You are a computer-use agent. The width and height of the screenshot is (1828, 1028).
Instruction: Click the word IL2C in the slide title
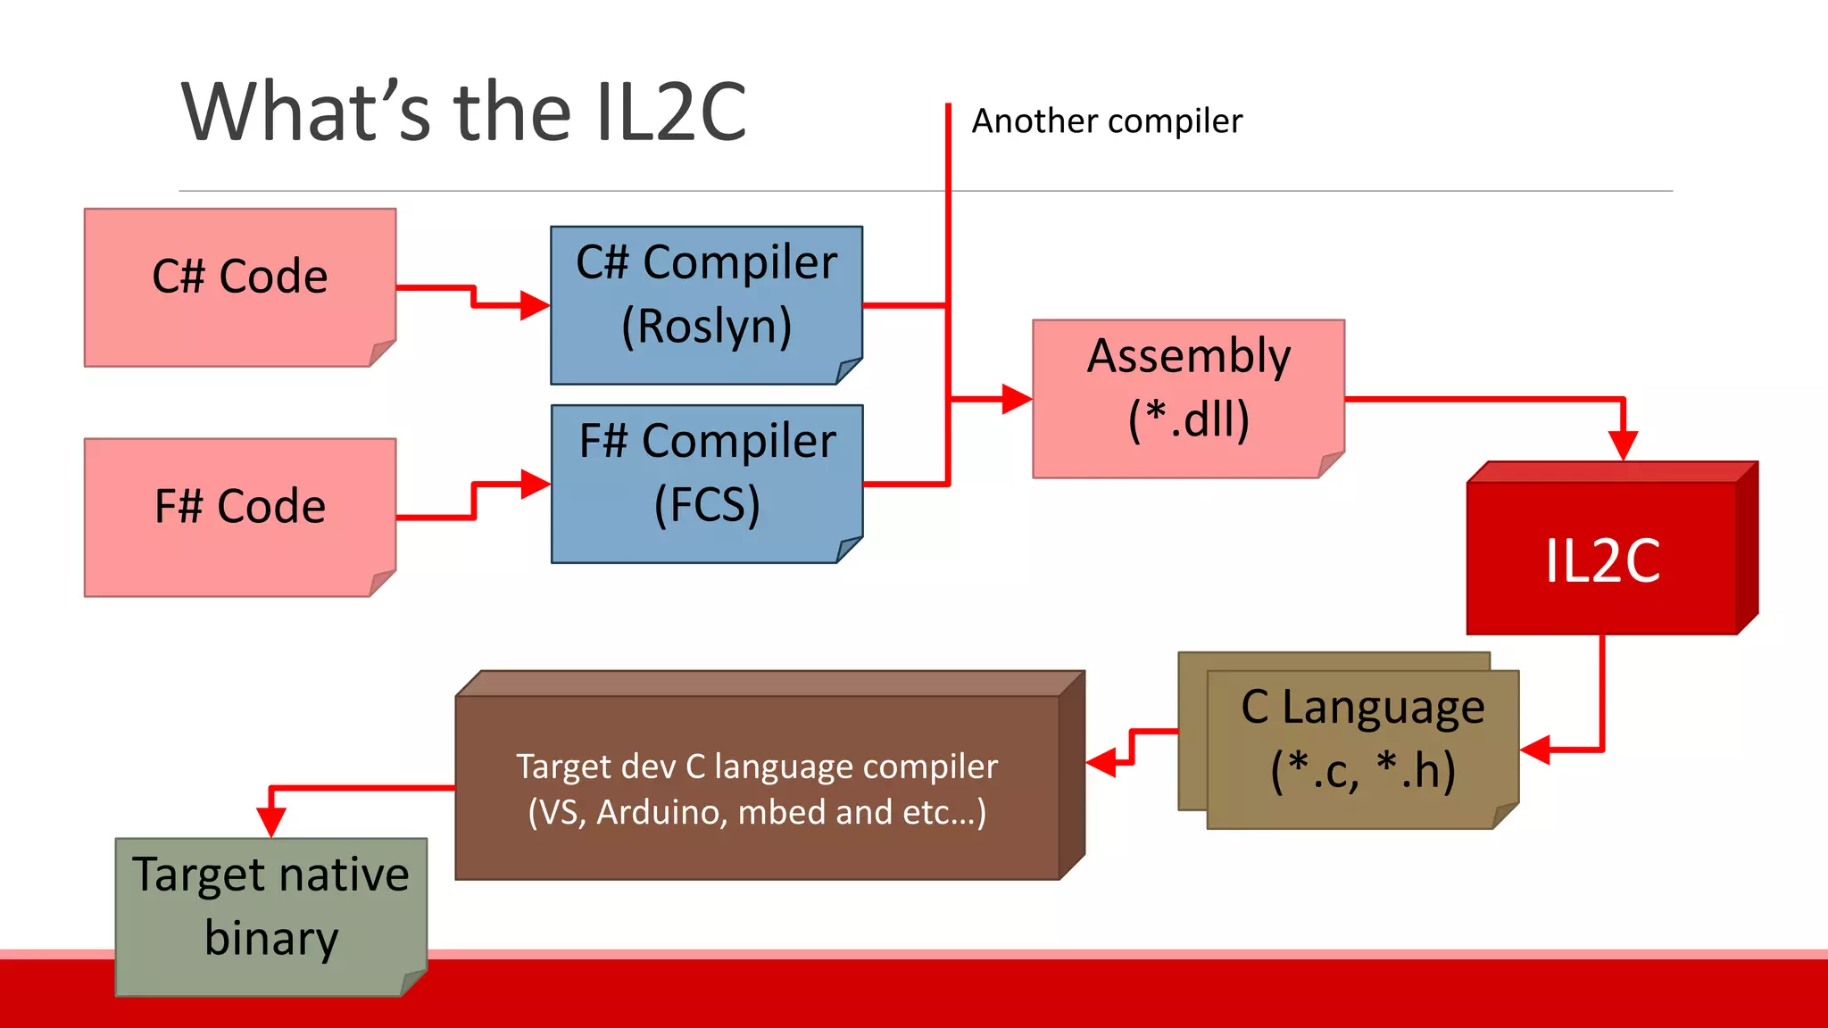pyautogui.click(x=670, y=112)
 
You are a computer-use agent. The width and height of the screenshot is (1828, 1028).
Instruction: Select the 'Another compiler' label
pyautogui.click(x=1106, y=120)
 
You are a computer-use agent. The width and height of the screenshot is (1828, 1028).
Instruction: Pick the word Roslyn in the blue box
pyautogui.click(x=706, y=326)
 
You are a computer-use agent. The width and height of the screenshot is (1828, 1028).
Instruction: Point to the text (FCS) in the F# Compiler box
pyautogui.click(x=706, y=505)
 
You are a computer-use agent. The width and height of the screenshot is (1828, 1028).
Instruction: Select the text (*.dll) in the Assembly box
pyautogui.click(x=1188, y=419)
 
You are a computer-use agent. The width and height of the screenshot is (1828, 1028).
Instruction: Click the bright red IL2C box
pyautogui.click(x=1602, y=560)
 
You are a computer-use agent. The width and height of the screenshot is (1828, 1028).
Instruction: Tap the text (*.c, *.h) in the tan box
pyautogui.click(x=1362, y=770)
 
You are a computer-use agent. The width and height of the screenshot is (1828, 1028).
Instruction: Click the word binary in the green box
pyautogui.click(x=271, y=938)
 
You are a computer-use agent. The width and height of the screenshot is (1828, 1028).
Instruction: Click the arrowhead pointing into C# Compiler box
pyautogui.click(x=536, y=305)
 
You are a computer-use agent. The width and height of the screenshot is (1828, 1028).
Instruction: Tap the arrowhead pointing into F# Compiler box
pyautogui.click(x=536, y=485)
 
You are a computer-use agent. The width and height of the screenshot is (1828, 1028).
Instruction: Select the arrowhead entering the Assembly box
pyautogui.click(x=1017, y=399)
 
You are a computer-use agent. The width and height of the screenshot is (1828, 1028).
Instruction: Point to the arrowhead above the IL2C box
pyautogui.click(x=1623, y=445)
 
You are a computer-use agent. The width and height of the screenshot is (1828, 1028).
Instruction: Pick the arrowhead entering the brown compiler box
pyautogui.click(x=1101, y=762)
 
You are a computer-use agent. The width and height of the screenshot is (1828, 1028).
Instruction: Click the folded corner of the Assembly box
pyautogui.click(x=1330, y=464)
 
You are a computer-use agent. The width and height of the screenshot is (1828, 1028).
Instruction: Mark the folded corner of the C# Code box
pyautogui.click(x=381, y=352)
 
